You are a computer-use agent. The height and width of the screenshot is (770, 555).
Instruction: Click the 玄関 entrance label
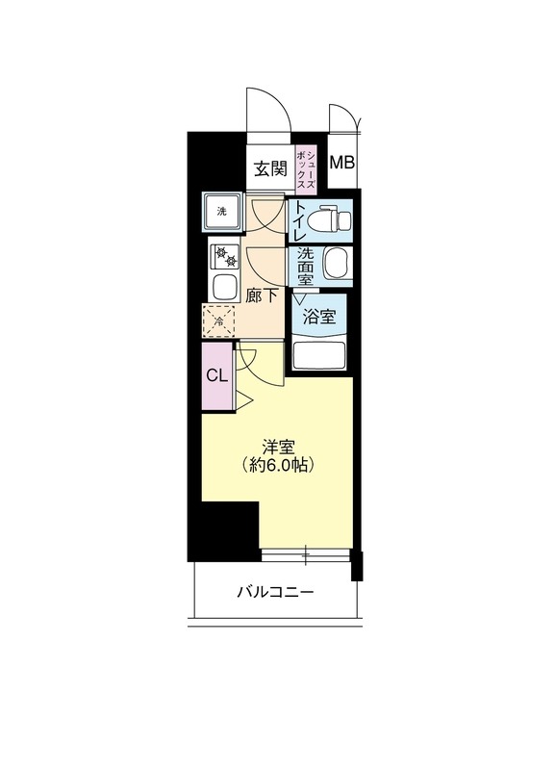point(270,169)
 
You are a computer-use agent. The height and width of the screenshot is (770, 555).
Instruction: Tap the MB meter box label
point(341,162)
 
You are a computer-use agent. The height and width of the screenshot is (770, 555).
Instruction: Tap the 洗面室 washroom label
point(305,266)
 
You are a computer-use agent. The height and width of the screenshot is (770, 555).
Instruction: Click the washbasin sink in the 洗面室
point(336,263)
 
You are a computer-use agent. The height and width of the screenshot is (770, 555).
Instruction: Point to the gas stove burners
point(226,257)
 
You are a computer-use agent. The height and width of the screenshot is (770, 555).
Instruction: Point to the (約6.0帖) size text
point(278,465)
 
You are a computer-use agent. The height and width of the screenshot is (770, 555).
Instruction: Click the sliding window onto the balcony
point(306,553)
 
